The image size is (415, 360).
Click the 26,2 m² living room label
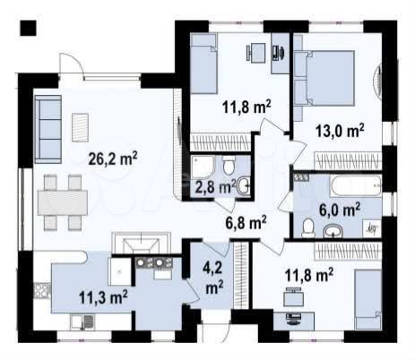113,159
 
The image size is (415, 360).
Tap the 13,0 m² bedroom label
340,131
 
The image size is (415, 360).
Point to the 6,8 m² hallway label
246,223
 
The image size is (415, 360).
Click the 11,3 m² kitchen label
103,297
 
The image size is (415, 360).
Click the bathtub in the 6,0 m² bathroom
356,185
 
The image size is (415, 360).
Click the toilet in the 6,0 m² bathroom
308,227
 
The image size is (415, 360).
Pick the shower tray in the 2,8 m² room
203,167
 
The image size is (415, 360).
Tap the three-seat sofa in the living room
48,129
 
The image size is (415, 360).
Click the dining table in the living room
63,203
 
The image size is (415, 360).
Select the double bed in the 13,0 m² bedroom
329,78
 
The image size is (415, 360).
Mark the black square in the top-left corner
28,29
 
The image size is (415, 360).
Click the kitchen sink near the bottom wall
82,322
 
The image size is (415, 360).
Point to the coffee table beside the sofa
80,127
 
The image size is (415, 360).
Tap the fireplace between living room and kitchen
142,243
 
